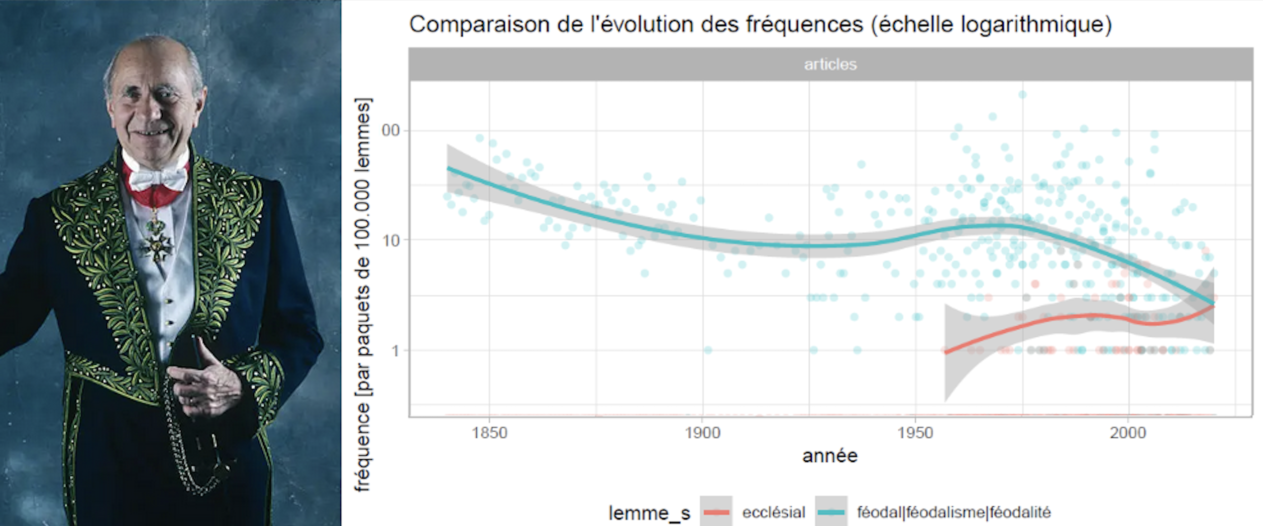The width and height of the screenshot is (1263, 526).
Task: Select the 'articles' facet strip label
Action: pos(830,64)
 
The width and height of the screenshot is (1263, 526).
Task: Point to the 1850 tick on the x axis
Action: pos(489,433)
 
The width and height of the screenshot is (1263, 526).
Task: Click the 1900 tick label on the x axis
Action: pos(702,433)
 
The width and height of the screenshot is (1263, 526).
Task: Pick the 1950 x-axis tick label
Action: pos(915,433)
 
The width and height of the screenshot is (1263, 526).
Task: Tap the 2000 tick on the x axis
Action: pos(1128,433)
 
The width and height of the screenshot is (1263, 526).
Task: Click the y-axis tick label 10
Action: pos(391,240)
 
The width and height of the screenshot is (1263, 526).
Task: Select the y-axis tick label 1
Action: pos(396,350)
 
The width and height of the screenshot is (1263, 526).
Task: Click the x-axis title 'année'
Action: pos(830,456)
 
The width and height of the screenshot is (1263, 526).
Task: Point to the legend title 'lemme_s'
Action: pos(649,512)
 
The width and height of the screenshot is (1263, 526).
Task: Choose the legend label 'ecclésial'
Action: pos(774,512)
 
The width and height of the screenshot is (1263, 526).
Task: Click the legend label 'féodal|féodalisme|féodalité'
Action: pos(954,512)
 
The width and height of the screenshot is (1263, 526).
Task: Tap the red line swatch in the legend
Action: pos(716,512)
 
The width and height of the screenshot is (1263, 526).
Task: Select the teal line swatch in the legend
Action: pos(831,512)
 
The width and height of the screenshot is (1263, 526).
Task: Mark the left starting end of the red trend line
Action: pos(946,352)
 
